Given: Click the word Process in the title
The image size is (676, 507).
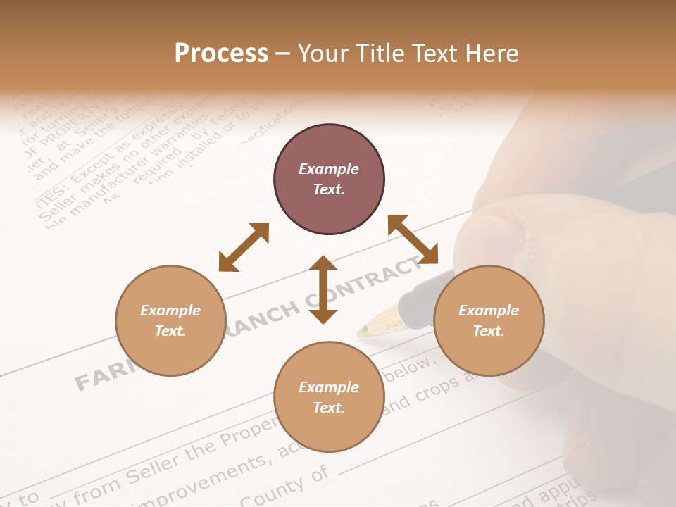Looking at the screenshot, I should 221,54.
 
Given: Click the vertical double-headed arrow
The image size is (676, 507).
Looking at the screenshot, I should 323,290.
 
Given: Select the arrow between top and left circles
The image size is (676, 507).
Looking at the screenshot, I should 244,247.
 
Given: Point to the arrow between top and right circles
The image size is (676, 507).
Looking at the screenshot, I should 413,239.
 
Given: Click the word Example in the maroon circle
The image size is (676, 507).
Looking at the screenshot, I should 329,169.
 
